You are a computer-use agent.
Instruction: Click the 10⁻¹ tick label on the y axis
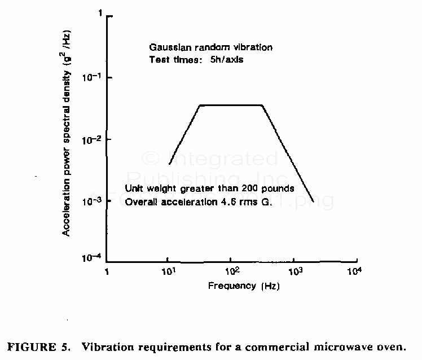[94, 77]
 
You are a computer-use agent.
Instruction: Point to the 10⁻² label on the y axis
[94, 139]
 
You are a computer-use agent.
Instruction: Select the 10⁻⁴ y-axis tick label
[94, 258]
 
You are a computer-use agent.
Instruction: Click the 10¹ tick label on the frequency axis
[169, 273]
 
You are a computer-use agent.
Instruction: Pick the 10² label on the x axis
[231, 273]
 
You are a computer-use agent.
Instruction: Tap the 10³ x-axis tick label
[294, 273]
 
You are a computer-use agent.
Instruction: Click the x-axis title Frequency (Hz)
[244, 286]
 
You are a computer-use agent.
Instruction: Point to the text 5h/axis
[226, 59]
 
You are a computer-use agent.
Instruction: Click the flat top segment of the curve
[231, 105]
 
